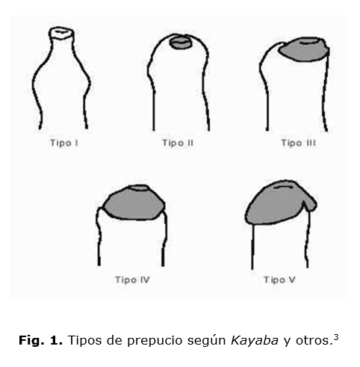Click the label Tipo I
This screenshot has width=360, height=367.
[x=64, y=143]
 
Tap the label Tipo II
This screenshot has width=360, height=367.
[x=178, y=143]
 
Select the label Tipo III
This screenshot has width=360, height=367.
[x=299, y=143]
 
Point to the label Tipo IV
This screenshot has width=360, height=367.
[x=132, y=280]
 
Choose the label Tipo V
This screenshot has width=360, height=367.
[x=279, y=280]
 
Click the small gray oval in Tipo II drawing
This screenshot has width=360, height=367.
[x=181, y=43]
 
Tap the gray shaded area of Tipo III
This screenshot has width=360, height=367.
[x=303, y=49]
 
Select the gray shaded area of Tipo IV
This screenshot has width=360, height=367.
[x=134, y=203]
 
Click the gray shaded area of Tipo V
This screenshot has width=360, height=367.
[x=279, y=203]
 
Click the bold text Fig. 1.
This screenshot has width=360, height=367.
[x=40, y=340]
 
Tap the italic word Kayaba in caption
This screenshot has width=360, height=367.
[x=255, y=340]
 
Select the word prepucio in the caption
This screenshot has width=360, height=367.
[x=155, y=341]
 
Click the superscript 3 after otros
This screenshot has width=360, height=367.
[x=336, y=337]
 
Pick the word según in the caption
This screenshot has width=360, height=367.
[x=207, y=341]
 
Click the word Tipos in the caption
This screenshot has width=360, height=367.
[x=84, y=340]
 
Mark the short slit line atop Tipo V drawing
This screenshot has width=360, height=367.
[x=284, y=187]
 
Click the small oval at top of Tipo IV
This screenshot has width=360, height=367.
[x=139, y=188]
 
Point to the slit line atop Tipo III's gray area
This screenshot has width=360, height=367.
[x=309, y=43]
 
